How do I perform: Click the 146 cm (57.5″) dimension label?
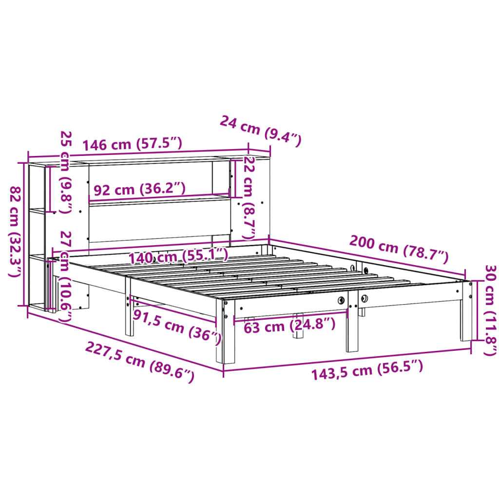tap(132, 144)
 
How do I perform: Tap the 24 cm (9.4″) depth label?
tap(261, 131)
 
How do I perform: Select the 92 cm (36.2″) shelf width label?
tap(139, 189)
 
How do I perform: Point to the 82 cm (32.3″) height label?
tap(16, 232)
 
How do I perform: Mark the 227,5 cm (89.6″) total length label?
tap(140, 361)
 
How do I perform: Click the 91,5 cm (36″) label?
tap(176, 326)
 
